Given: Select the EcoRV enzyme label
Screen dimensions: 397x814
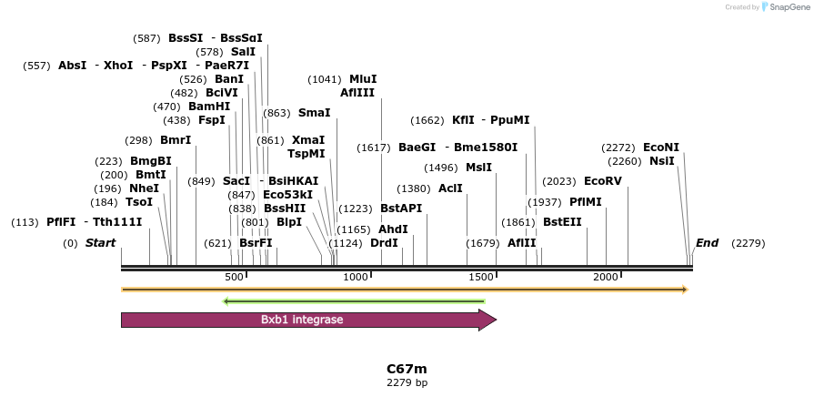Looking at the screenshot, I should pos(602,181).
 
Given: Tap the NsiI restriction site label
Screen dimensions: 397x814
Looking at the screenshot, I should pos(661,161).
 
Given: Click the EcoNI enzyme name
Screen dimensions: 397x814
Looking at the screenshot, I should pos(660,148).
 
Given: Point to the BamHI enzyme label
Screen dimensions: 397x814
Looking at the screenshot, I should pos(209,107).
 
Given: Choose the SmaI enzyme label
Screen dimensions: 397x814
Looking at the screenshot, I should pos(314,113).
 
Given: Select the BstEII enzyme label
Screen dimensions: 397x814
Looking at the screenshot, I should pos(562,221).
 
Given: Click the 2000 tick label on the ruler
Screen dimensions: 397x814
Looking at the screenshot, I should pos(606,277).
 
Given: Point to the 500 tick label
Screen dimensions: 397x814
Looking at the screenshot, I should pos(234,277).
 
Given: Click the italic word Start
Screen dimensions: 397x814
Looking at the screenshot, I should pos(100,243).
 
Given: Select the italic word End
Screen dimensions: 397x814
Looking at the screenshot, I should pos(707,243).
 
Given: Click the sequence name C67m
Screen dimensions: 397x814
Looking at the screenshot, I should pos(407,369).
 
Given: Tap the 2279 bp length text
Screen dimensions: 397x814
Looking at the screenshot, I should pos(407,382).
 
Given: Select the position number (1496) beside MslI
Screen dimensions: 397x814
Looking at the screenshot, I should pos(441,168).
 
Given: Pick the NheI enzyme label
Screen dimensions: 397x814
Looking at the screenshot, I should pos(144,188).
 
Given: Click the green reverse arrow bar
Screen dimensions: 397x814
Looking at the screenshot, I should pos(354,301).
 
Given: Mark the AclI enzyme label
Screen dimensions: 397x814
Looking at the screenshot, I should pos(450,188).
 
